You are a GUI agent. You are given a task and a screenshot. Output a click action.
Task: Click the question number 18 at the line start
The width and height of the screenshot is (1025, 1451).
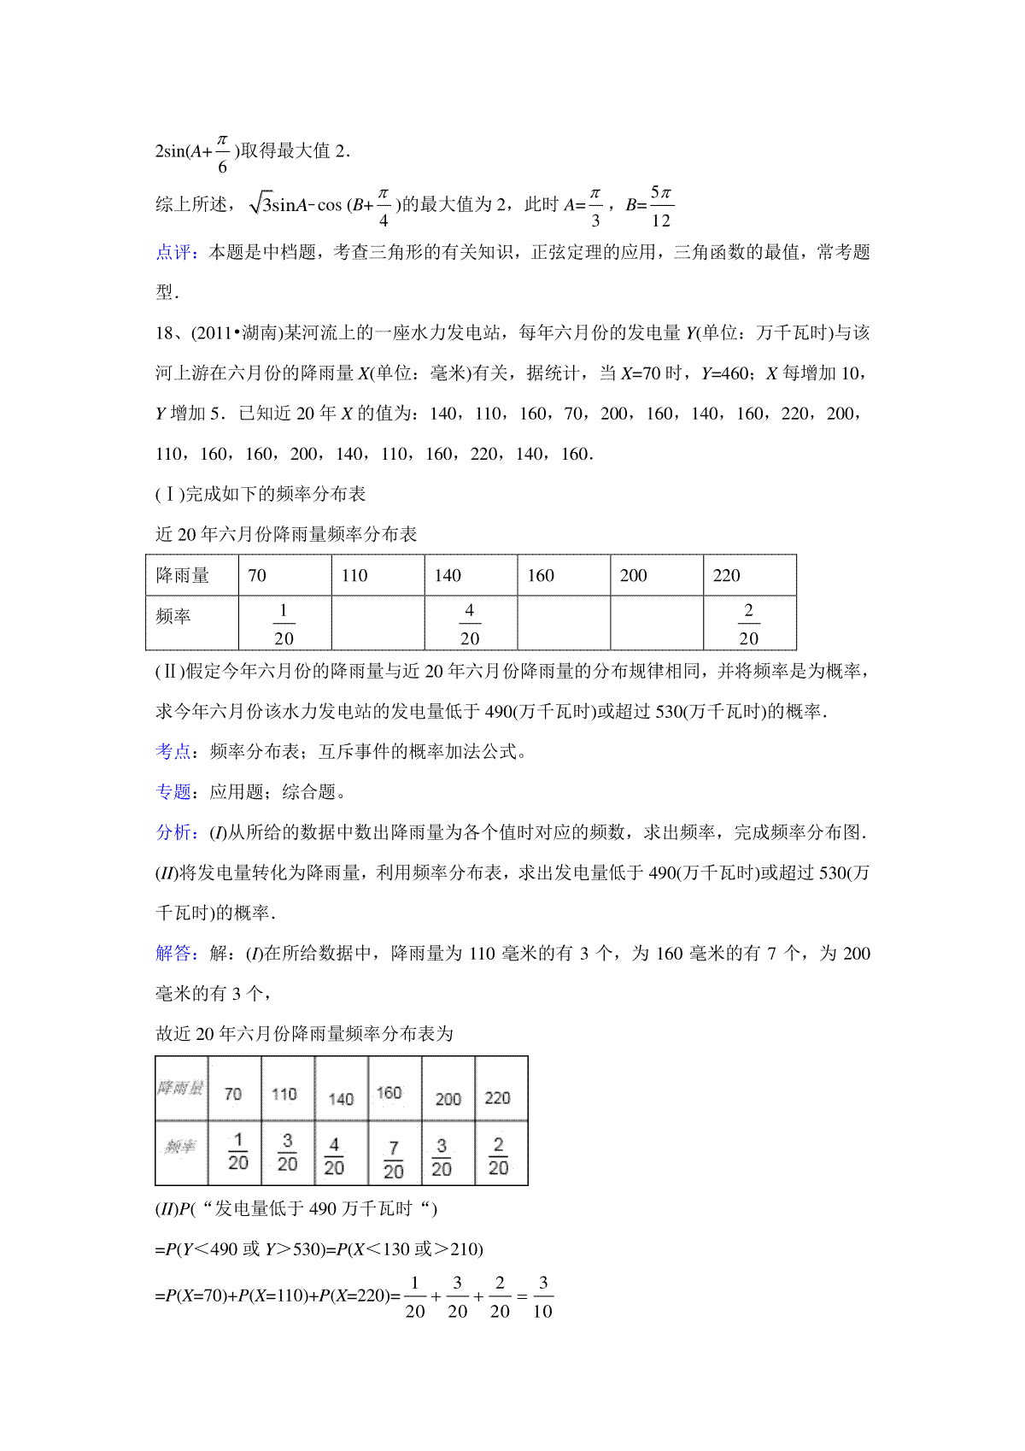(164, 332)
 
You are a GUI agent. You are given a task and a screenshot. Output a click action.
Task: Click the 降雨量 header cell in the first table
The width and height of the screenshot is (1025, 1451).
(183, 575)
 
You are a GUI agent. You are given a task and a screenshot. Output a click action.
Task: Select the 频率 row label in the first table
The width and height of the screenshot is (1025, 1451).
(173, 616)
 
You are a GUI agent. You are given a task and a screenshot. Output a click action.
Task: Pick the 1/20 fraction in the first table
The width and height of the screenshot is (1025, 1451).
(284, 624)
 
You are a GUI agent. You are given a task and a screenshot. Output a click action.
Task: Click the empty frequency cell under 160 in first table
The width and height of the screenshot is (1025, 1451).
(564, 624)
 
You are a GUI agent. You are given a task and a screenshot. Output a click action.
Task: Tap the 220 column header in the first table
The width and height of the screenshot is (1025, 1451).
(727, 575)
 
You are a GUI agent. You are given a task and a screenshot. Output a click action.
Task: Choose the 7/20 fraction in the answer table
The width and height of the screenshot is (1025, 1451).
(394, 1160)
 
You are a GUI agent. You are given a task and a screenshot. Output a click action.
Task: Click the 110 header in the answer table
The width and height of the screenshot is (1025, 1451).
(284, 1094)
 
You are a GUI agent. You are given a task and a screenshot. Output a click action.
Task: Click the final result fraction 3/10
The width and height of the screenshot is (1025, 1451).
(542, 1296)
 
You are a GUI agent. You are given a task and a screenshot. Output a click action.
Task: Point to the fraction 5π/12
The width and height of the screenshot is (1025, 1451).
(661, 206)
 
